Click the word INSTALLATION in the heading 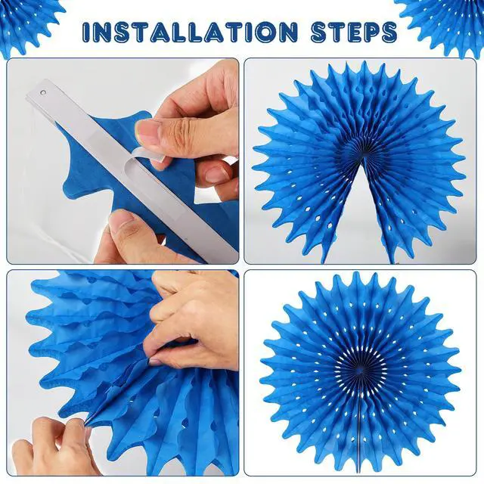190,32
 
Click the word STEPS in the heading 354,32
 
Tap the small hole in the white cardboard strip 44,92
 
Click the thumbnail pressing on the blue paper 149,131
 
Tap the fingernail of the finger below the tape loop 215,175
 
